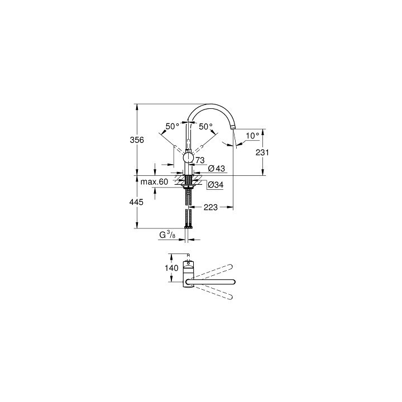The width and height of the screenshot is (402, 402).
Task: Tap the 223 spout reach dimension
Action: tap(210, 207)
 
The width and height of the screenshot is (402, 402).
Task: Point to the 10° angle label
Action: tap(252, 136)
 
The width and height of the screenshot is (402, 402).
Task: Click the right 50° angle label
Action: tap(206, 126)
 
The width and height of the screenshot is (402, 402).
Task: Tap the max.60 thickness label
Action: tap(154, 182)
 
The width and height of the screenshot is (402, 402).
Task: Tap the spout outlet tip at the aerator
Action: tap(233, 128)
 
